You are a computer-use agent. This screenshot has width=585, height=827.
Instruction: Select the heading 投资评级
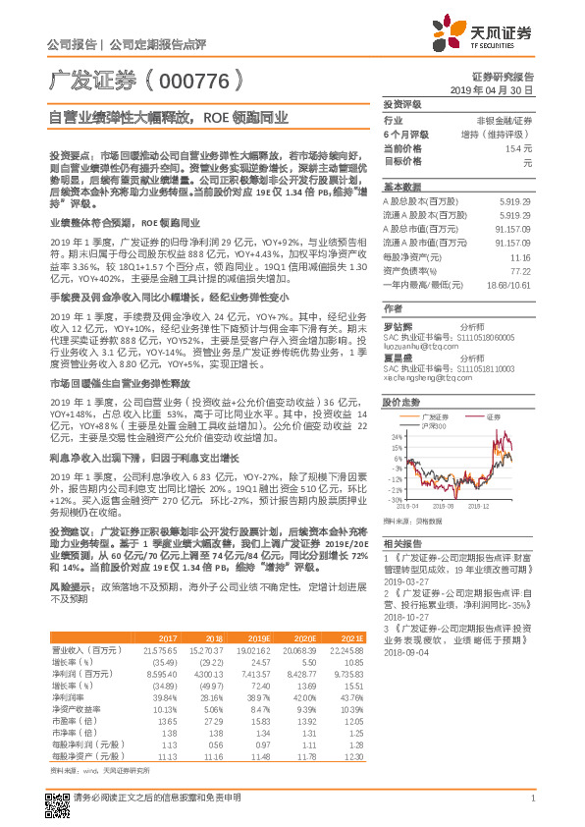(401, 103)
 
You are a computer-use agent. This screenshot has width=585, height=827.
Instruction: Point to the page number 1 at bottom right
(531, 808)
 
